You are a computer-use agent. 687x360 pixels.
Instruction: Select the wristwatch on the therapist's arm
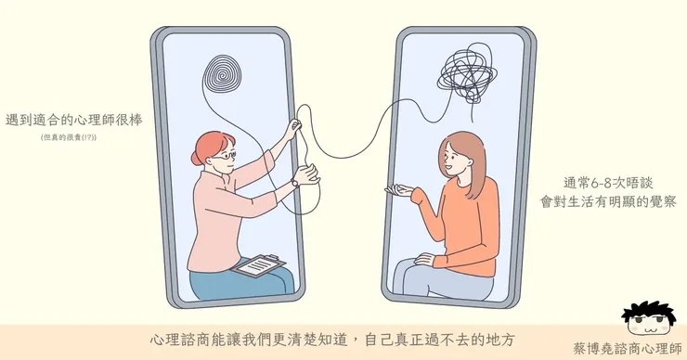pos(294,182)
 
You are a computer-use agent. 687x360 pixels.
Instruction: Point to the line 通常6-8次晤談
pos(588,182)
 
